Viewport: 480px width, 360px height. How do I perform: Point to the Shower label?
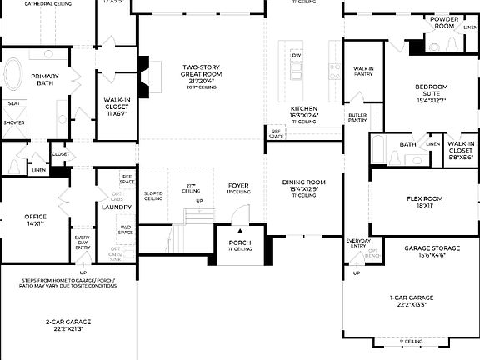[14, 122]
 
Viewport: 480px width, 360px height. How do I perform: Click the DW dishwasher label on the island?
[296, 56]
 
